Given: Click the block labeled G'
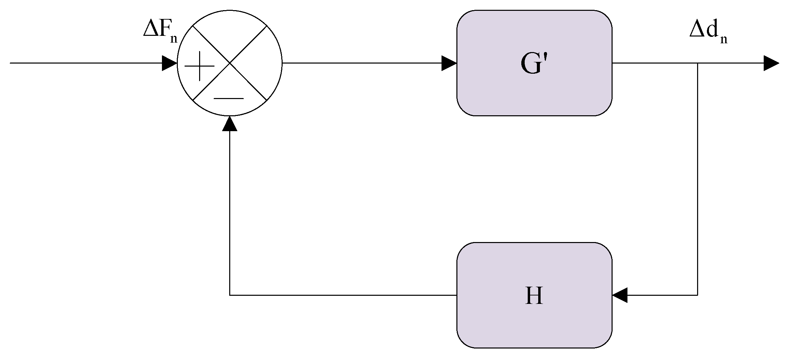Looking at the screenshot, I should pos(534,63).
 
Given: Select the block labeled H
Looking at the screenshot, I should pos(534,295).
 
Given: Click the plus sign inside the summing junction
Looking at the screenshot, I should pos(199,66).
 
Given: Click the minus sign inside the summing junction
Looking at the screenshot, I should pos(229,99).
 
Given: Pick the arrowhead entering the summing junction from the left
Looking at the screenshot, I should pos(169,63).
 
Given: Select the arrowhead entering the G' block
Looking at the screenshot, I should pos(449,63).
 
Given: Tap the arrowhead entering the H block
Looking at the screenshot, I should pos(620,295).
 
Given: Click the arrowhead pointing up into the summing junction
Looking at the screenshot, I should pos(230,123).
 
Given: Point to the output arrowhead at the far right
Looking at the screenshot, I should pos(771,63).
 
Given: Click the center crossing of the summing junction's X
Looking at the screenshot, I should pos(230,63).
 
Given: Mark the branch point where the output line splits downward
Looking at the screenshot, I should pos(697,63).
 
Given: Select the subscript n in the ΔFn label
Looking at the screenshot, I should pos(174,39).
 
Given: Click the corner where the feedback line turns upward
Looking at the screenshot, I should pos(230,295).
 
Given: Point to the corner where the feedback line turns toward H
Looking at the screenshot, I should pos(697,295).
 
